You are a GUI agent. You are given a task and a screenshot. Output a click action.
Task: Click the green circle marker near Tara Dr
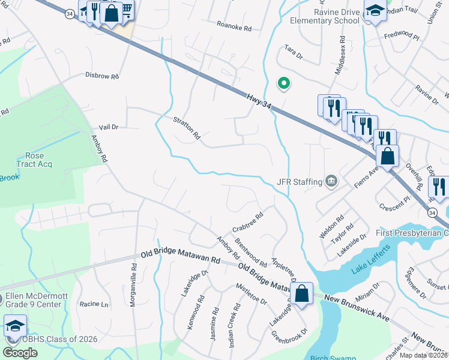[281, 83]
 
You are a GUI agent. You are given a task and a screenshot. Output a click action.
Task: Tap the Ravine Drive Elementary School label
[324, 16]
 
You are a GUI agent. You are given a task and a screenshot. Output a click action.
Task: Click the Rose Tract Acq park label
[34, 160]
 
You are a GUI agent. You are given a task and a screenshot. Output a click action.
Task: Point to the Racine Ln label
[94, 304]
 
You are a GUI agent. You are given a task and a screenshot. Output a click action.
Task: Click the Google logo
[19, 353]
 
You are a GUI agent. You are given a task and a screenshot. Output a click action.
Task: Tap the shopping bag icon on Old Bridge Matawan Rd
[303, 293]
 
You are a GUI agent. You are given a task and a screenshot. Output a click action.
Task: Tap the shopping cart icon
[125, 8]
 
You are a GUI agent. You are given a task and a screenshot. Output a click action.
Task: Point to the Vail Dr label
[108, 127]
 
